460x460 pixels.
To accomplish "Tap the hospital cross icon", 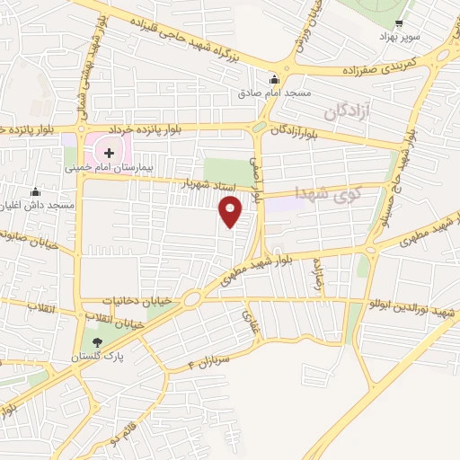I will tap(110, 153).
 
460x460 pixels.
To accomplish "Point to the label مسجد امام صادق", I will tap(274, 93).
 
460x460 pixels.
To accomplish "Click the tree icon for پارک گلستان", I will tap(97, 341).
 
